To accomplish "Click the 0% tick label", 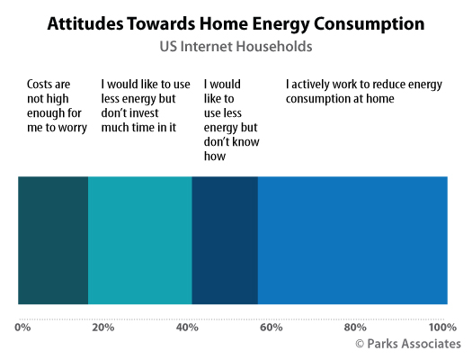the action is (x=22, y=328).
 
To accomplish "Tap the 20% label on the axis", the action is (x=103, y=328).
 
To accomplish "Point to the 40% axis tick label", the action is (x=187, y=328).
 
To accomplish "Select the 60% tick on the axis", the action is (x=272, y=328).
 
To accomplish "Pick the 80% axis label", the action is (x=355, y=328).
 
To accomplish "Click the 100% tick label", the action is (x=443, y=328).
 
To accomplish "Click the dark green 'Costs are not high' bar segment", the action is (x=53, y=240).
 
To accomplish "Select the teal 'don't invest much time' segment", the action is (x=140, y=240).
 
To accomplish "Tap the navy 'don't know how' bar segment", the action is (x=225, y=240).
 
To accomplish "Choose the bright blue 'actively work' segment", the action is (x=352, y=240).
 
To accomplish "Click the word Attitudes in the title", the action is (x=85, y=23).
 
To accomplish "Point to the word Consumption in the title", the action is (x=369, y=24).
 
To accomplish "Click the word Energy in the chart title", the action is (x=281, y=24).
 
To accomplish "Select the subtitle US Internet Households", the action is (x=236, y=47).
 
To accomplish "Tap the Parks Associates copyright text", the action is (x=408, y=344).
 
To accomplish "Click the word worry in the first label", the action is (x=72, y=128).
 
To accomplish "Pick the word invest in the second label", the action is (x=145, y=113).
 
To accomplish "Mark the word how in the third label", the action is (x=215, y=157).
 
